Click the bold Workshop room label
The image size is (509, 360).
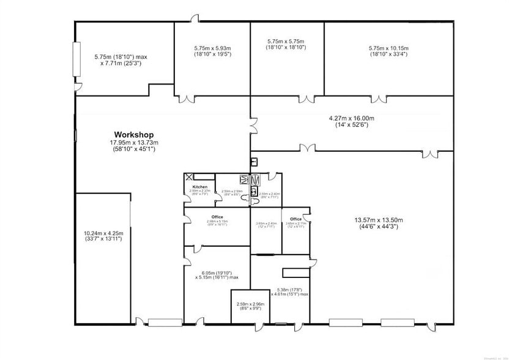133,135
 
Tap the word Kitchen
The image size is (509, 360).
200,187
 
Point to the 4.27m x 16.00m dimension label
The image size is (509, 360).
352,121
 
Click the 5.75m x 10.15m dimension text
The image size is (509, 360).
388,51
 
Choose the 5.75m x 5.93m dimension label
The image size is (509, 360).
212,51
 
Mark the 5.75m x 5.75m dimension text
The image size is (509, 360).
286,44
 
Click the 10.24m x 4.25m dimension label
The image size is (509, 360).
103,236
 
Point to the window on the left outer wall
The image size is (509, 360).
76,59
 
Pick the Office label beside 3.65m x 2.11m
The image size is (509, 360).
296,219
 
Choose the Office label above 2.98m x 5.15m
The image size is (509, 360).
217,217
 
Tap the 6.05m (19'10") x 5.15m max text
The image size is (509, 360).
217,276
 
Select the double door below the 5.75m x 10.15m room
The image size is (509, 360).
380,99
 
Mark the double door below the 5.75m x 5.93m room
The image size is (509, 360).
186,99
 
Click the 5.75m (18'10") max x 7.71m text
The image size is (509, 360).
121,59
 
